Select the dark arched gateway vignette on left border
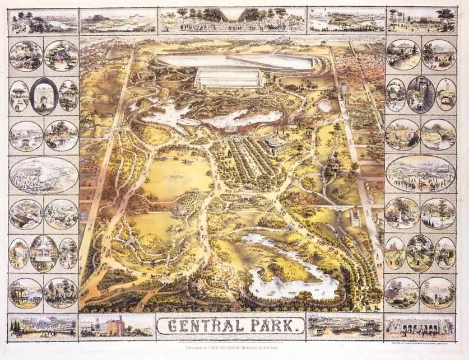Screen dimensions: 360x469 (44, 96)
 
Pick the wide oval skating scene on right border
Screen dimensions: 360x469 (420, 173)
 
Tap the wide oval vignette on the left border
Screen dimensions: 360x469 (43, 175)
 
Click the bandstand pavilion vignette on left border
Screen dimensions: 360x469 (44, 253)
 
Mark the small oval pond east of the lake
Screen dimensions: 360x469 (324, 105)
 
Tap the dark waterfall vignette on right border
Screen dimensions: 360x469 (420, 95)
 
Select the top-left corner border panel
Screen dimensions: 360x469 (43, 21)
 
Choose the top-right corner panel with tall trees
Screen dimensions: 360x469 (421, 20)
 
